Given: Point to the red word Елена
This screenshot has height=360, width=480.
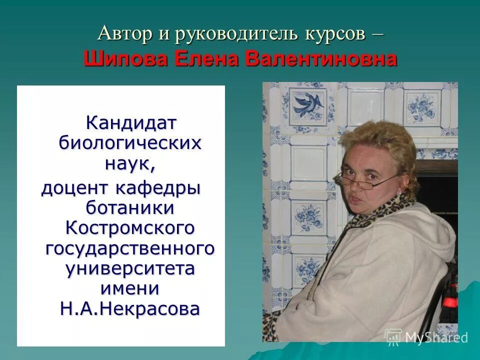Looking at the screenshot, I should coord(209,59).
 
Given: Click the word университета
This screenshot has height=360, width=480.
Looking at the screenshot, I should coord(130,268).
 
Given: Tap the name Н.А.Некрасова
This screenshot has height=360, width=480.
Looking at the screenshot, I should coord(130,308).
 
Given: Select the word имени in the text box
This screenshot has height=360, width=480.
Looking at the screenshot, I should coord(130,288).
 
